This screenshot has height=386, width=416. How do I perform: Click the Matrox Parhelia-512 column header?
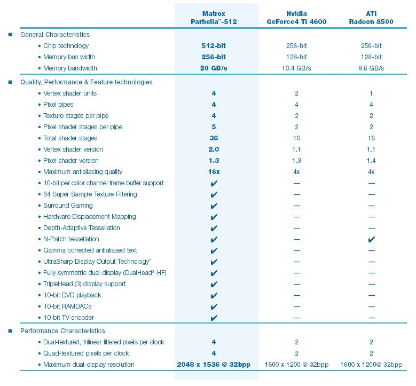214,18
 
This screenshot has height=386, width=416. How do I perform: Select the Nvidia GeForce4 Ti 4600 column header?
296,18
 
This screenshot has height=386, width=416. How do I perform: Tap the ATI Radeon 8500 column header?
371,18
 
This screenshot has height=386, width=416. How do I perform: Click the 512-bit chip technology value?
214,45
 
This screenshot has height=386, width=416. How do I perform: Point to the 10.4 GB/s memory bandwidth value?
296,68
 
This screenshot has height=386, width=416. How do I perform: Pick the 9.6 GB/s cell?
371,68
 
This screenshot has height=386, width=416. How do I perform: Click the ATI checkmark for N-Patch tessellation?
372,240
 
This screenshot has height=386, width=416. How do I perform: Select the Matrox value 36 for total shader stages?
214,138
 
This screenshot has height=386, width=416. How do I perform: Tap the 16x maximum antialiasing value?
214,171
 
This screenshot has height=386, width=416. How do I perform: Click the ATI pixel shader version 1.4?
371,161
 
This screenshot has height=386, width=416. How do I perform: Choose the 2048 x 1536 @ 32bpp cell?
214,365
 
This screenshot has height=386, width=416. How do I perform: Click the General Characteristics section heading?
55,35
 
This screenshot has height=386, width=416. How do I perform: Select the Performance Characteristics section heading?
62,331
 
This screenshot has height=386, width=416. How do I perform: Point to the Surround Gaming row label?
68,206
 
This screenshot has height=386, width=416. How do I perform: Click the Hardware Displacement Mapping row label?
89,217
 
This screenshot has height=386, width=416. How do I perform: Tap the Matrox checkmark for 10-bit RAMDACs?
214,306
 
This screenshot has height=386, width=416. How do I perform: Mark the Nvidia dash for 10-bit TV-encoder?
297,318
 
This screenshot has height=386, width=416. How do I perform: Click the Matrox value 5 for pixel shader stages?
214,127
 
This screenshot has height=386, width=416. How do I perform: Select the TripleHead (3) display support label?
84,284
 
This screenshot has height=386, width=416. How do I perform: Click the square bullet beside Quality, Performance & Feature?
10,82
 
